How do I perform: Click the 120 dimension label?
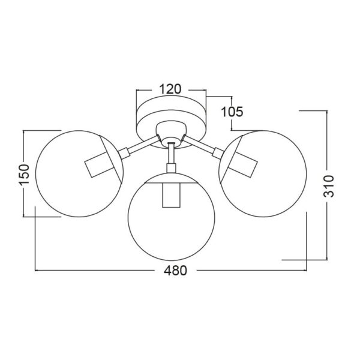[170, 89]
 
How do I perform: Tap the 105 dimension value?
[232, 112]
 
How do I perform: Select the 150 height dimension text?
[24, 175]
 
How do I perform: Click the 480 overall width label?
[175, 271]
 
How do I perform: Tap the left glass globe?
[36, 174]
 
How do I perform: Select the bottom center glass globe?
[128, 217]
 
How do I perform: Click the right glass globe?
[306, 174]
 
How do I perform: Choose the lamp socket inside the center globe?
[171, 196]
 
